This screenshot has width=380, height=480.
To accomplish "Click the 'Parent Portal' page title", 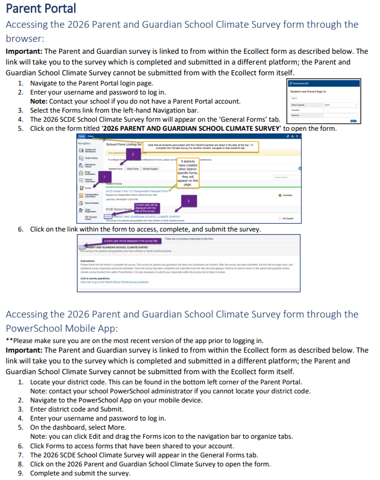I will [x=41, y=8].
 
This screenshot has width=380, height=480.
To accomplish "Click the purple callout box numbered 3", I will [x=188, y=200].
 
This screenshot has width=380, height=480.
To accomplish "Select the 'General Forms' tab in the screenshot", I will [x=115, y=169].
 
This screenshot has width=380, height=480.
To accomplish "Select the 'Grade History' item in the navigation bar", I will [x=91, y=158].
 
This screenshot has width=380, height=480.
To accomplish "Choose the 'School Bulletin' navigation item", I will [x=92, y=203].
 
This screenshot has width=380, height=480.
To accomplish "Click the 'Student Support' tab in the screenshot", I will [x=150, y=169].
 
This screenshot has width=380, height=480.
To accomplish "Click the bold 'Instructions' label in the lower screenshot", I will [x=88, y=261].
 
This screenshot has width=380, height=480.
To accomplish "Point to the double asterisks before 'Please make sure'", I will [x=9, y=340].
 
